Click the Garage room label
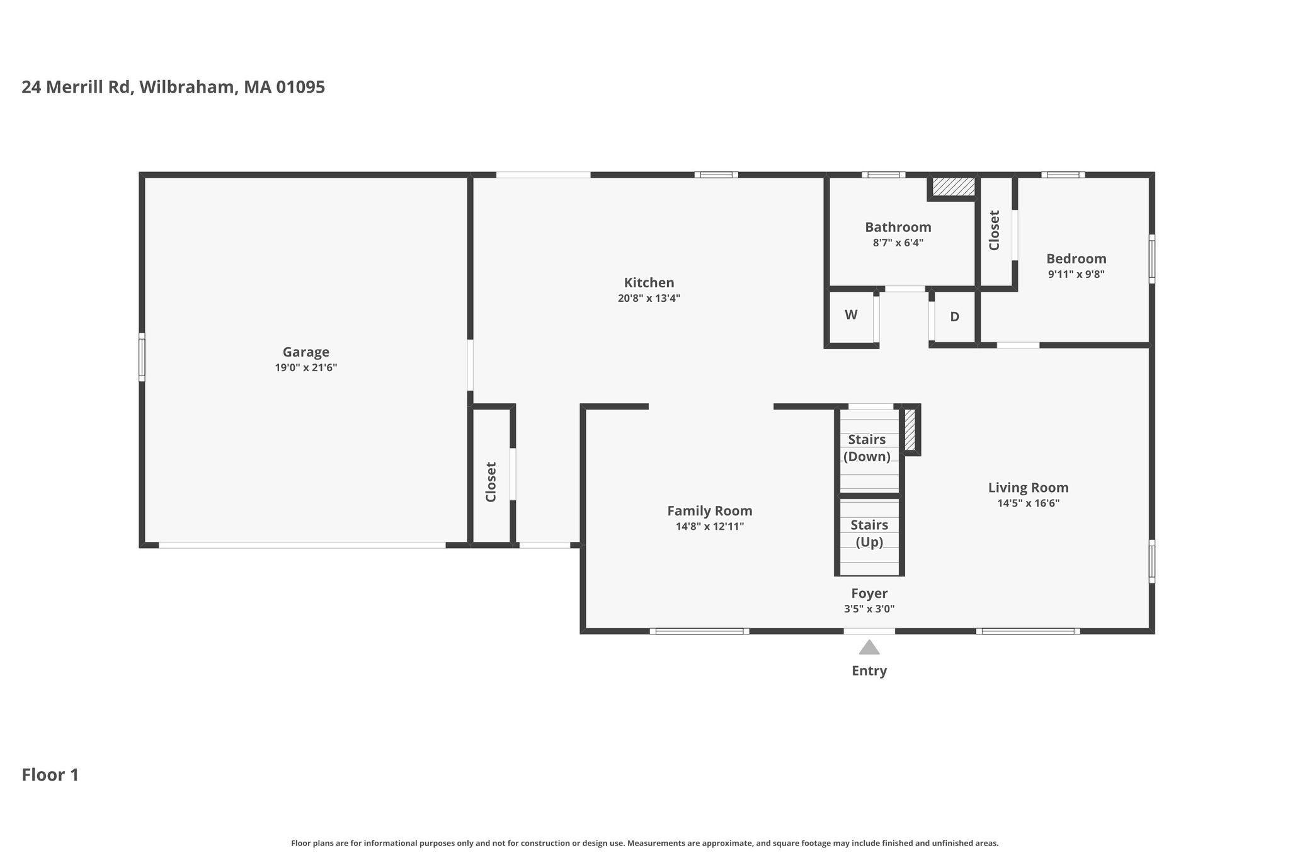[305, 352]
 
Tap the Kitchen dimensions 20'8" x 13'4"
[649, 299]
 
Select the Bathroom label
[898, 227]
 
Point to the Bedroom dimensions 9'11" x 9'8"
[1076, 275]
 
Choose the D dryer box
[955, 317]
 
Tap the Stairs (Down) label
[867, 448]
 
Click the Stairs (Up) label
[869, 533]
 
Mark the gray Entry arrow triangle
[869, 648]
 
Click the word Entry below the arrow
[869, 671]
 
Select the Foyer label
[869, 593]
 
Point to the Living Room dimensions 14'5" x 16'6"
[1028, 503]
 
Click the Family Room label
[710, 511]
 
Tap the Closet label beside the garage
[491, 482]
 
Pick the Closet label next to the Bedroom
[994, 230]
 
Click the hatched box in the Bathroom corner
[953, 186]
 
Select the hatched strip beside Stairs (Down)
[910, 430]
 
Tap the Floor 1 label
[50, 775]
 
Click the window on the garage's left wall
[142, 357]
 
